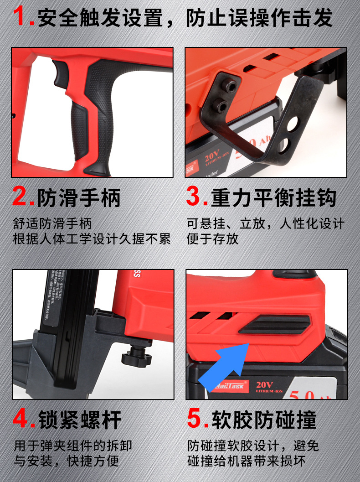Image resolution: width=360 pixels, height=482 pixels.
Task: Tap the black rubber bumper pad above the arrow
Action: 272,324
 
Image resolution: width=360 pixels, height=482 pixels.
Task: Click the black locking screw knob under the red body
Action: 137,355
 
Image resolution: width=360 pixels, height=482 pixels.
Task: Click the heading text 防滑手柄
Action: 79,197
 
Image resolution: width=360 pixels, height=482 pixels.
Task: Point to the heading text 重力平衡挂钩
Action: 273,197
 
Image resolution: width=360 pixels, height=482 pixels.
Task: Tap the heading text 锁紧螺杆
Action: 79,419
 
